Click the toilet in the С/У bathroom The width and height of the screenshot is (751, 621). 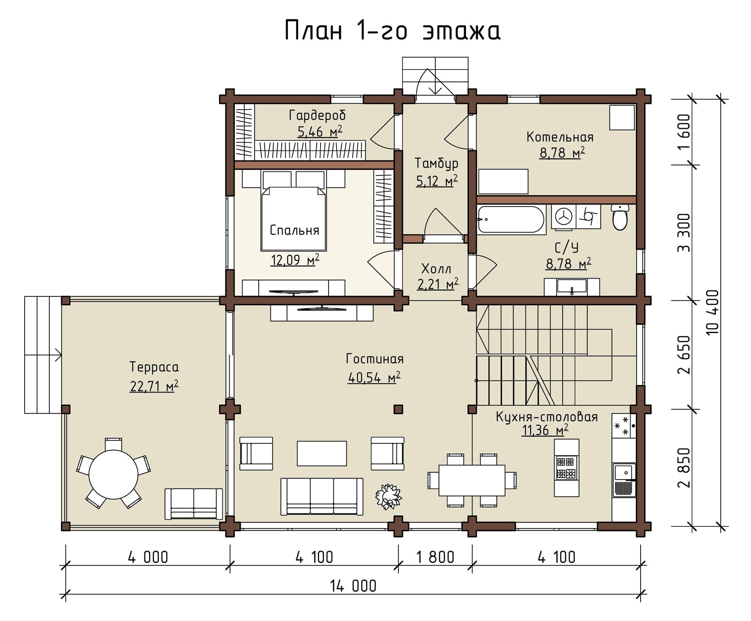tap(620, 217)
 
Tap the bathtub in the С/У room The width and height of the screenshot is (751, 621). tap(511, 220)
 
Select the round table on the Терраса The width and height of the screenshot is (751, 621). tap(113, 474)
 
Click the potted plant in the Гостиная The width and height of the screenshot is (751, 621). tap(388, 496)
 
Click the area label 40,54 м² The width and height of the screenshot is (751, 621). tap(374, 377)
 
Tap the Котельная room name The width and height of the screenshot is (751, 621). tap(560, 137)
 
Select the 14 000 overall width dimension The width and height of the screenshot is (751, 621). tap(353, 586)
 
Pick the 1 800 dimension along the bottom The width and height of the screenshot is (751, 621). tap(435, 557)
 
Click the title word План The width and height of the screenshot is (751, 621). tap(314, 31)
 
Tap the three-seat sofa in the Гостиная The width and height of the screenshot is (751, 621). tap(322, 496)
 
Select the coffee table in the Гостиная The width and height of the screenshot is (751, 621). tap(322, 453)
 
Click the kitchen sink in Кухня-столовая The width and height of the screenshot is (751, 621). tap(624, 472)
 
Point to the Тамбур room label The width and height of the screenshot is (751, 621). tap(437, 163)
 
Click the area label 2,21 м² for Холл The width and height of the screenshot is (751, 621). tap(438, 284)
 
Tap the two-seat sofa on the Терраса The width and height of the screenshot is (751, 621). tap(194, 504)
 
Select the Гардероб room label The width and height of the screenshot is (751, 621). tap(317, 116)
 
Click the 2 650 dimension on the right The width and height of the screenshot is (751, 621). tap(684, 355)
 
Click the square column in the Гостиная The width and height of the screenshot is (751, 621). tap(398, 409)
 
